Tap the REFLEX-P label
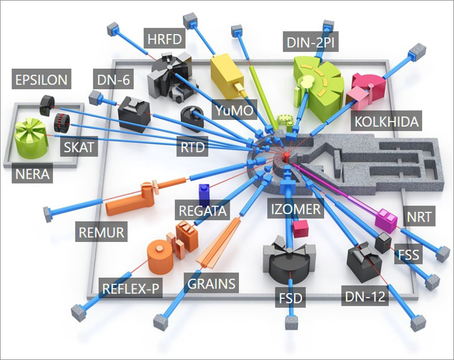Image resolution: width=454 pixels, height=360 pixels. pos(131,288)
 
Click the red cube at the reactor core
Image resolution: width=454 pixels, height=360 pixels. pos(287,156)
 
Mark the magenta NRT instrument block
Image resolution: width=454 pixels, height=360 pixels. pos(386,220)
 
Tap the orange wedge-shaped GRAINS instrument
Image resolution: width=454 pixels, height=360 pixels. pos(218,244)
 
